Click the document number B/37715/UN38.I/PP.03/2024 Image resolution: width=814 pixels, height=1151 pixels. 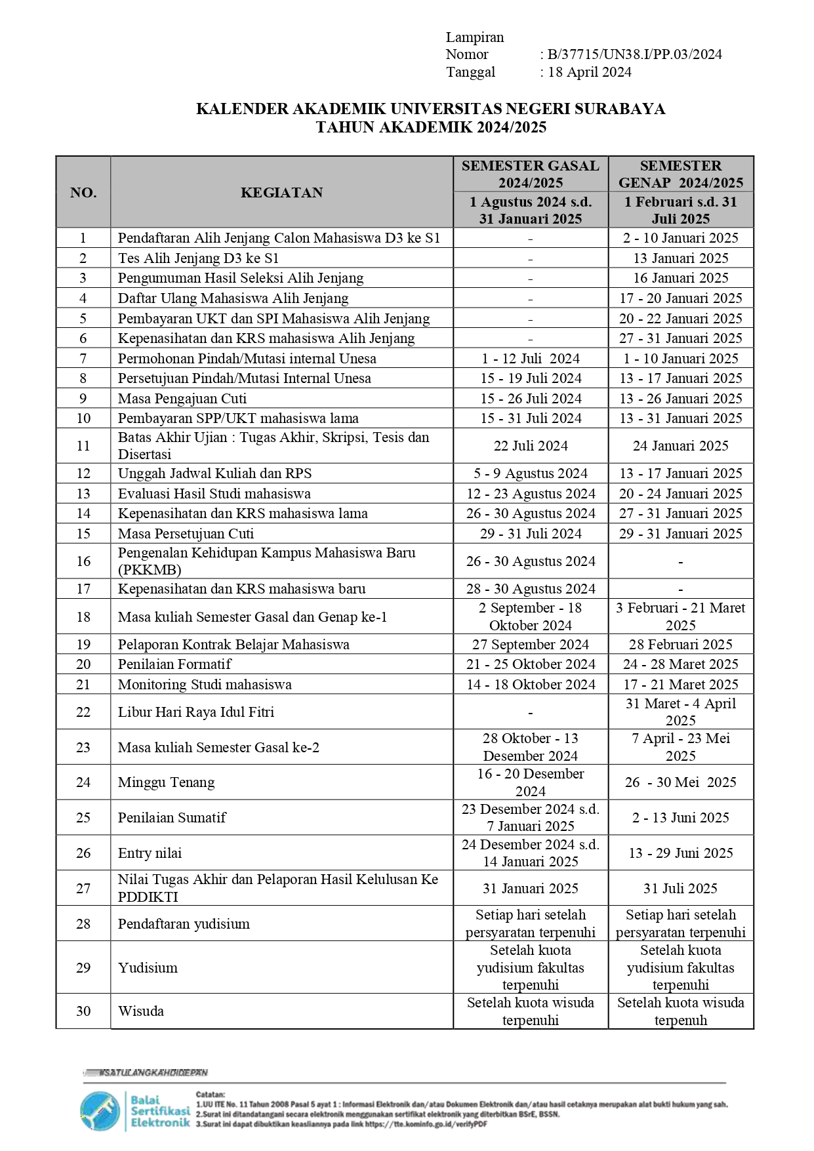pos(634,54)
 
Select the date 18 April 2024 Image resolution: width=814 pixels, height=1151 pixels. pos(589,72)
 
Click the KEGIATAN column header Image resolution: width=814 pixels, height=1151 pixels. pos(281,192)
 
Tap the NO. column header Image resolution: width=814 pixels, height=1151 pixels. pos(83,192)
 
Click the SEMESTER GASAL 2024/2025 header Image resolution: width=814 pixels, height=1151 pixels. pos(530,174)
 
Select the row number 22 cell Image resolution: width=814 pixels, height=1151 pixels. pos(83,712)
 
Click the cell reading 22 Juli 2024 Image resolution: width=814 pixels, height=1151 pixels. pos(530,446)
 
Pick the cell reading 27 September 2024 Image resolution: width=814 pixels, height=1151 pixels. pos(530,644)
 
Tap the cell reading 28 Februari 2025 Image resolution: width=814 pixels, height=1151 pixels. pos(680,644)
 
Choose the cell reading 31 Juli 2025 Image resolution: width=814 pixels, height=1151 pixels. pos(680,888)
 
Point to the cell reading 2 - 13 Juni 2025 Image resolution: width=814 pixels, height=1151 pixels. pos(680,817)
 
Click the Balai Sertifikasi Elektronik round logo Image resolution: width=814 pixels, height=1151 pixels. pos(100,1111)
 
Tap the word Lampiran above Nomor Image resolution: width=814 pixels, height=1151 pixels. pos(474,37)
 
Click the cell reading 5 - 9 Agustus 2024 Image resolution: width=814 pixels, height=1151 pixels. pos(530,474)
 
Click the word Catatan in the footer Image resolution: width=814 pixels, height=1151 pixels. pos(210,1094)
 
